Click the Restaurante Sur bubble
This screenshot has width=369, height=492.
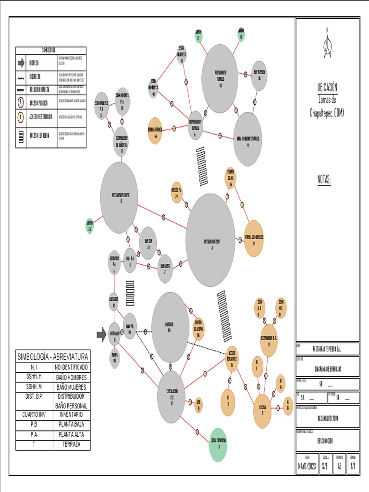(x=210, y=240)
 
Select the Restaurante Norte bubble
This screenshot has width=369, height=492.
(x=119, y=197)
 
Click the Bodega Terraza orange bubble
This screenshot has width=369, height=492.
(x=155, y=130)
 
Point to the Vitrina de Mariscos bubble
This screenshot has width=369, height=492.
(x=254, y=238)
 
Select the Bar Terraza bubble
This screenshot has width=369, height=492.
(x=259, y=76)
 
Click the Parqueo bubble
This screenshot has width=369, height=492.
(x=170, y=327)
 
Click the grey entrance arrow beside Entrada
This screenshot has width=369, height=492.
(x=101, y=335)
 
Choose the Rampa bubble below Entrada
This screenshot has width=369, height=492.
(x=114, y=358)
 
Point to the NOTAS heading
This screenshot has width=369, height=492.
(x=324, y=179)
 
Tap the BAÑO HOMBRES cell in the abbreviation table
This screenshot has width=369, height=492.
(x=71, y=377)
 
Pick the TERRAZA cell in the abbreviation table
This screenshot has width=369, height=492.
(x=71, y=444)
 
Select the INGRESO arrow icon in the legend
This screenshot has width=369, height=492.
(x=21, y=63)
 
